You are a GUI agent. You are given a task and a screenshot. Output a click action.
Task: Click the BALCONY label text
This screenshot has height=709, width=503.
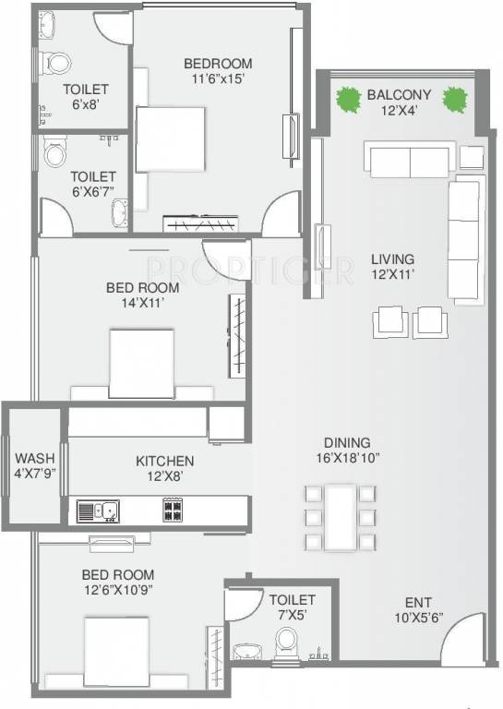click(399, 94)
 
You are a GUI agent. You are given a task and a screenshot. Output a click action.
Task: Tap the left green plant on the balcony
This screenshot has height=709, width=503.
click(348, 97)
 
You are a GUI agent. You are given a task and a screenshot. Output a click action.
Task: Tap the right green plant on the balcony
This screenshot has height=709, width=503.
click(454, 97)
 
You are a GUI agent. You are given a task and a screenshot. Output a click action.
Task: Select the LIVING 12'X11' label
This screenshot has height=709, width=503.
click(392, 266)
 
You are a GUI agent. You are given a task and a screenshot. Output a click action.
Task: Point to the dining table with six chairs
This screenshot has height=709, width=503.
click(341, 518)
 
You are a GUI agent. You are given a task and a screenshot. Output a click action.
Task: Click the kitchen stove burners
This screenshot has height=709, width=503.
click(173, 509)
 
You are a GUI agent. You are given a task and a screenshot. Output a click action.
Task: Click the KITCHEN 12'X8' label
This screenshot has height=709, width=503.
click(164, 468)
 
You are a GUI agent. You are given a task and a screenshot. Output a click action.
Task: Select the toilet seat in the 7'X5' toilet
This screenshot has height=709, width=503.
click(287, 640)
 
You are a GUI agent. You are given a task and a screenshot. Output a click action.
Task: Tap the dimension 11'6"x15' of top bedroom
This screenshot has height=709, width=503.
click(218, 79)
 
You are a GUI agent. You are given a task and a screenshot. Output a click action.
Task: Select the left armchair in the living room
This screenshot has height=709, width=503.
click(389, 321)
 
